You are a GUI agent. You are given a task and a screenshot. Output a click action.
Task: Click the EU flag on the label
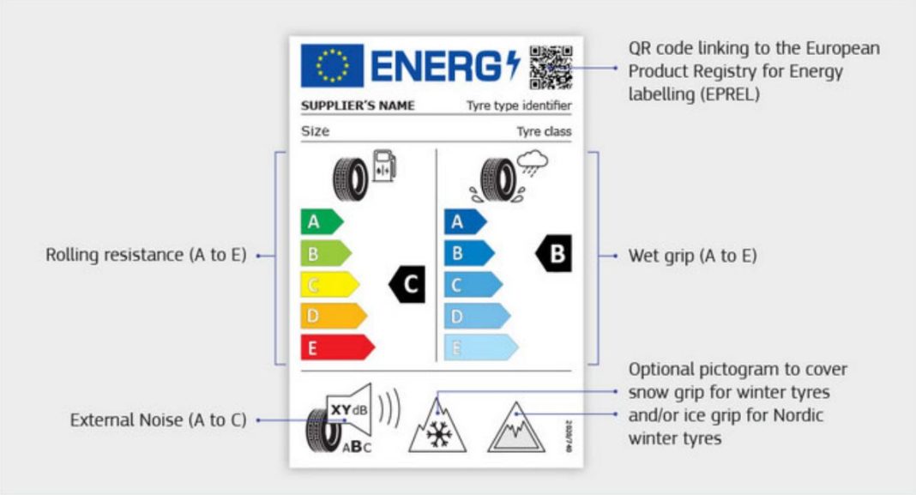pyautogui.click(x=332, y=66)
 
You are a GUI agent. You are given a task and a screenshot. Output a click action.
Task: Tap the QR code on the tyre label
pyautogui.click(x=551, y=67)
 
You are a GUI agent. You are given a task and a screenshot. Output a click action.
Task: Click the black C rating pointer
pyautogui.click(x=407, y=285)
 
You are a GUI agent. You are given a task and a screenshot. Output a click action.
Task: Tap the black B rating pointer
pyautogui.click(x=553, y=255)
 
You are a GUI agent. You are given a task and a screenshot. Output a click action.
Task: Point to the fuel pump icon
pyautogui.click(x=384, y=166)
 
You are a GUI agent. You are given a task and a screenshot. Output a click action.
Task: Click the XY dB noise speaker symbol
pyautogui.click(x=349, y=410)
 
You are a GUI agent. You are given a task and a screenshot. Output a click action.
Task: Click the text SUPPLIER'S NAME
pyautogui.click(x=358, y=106)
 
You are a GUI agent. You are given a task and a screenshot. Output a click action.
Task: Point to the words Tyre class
pyautogui.click(x=544, y=132)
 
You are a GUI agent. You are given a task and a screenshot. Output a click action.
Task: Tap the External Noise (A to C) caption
pyautogui.click(x=158, y=420)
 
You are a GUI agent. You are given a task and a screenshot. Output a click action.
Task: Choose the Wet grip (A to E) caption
pyautogui.click(x=693, y=256)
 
